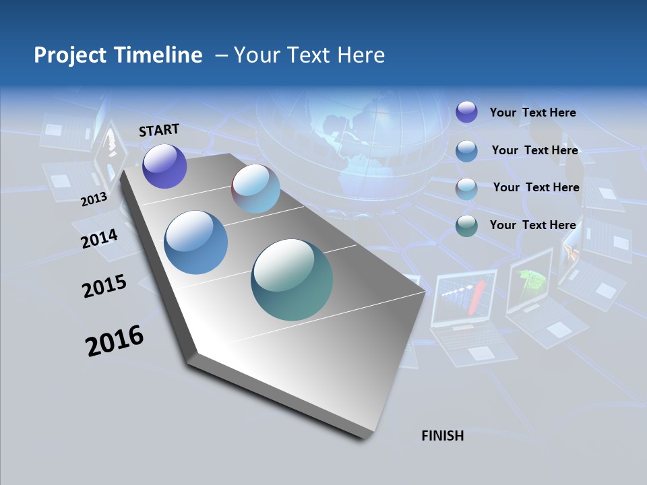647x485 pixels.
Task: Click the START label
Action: (x=159, y=130)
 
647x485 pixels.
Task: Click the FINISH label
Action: (x=443, y=436)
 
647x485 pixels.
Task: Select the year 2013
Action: (x=94, y=199)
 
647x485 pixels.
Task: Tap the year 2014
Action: (x=99, y=239)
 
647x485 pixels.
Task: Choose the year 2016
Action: (x=115, y=341)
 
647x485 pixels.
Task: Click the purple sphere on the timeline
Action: (x=164, y=166)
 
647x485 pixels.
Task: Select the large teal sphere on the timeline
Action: (x=292, y=279)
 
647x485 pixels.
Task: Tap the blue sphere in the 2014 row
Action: (x=195, y=243)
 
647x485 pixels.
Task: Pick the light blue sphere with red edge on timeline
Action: (x=255, y=189)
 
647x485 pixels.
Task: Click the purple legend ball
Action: (x=466, y=112)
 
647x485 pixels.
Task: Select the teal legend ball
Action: (x=466, y=226)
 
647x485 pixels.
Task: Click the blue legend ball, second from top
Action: (x=466, y=151)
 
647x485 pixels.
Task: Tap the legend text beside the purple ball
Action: (x=532, y=112)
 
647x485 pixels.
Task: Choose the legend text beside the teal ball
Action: (x=532, y=225)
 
